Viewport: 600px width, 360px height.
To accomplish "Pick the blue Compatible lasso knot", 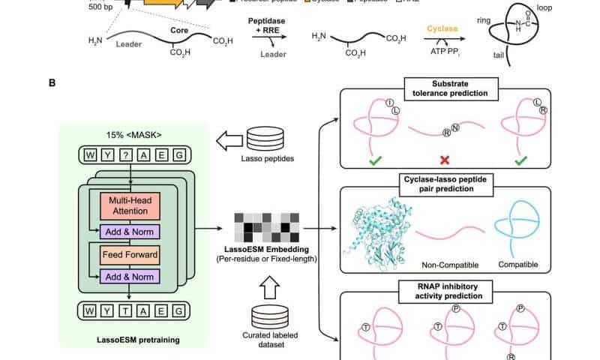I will [516, 229].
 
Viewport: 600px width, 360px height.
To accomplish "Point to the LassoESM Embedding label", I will [275, 248].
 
